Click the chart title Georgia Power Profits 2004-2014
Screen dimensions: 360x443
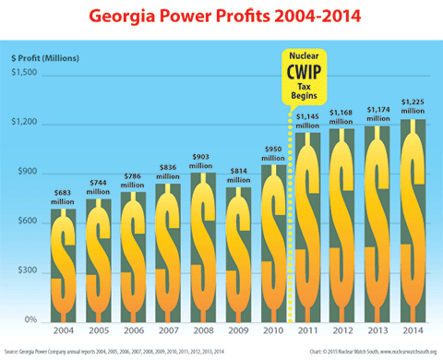(221, 18)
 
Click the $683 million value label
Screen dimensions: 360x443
(64, 196)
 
